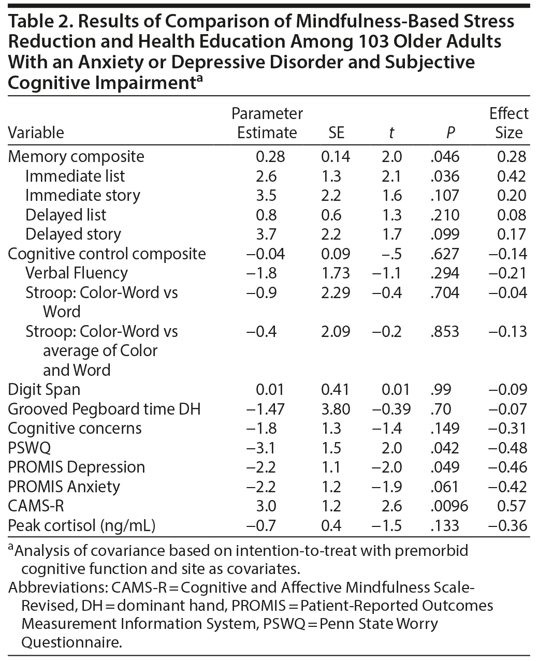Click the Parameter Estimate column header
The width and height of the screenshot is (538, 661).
point(267,123)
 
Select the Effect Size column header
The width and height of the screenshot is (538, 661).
point(508,123)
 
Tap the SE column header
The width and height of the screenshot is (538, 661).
point(336,133)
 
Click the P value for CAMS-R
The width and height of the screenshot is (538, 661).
point(449,506)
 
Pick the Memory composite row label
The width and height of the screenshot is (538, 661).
point(76,156)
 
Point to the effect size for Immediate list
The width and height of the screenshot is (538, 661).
point(512,176)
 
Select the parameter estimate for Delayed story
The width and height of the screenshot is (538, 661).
point(266,234)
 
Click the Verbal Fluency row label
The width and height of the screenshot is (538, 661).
point(76,273)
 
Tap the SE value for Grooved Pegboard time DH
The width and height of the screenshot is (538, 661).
point(336,409)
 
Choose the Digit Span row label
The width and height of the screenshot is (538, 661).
point(44,389)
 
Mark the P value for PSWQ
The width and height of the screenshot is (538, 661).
point(445,448)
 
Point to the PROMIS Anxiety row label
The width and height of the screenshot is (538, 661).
point(64,487)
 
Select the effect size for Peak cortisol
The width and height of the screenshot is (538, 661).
point(507,525)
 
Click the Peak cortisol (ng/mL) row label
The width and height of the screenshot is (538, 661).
point(82,525)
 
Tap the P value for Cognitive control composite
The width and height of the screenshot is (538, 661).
point(445,254)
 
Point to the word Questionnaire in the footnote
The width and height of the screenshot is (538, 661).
point(71,642)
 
